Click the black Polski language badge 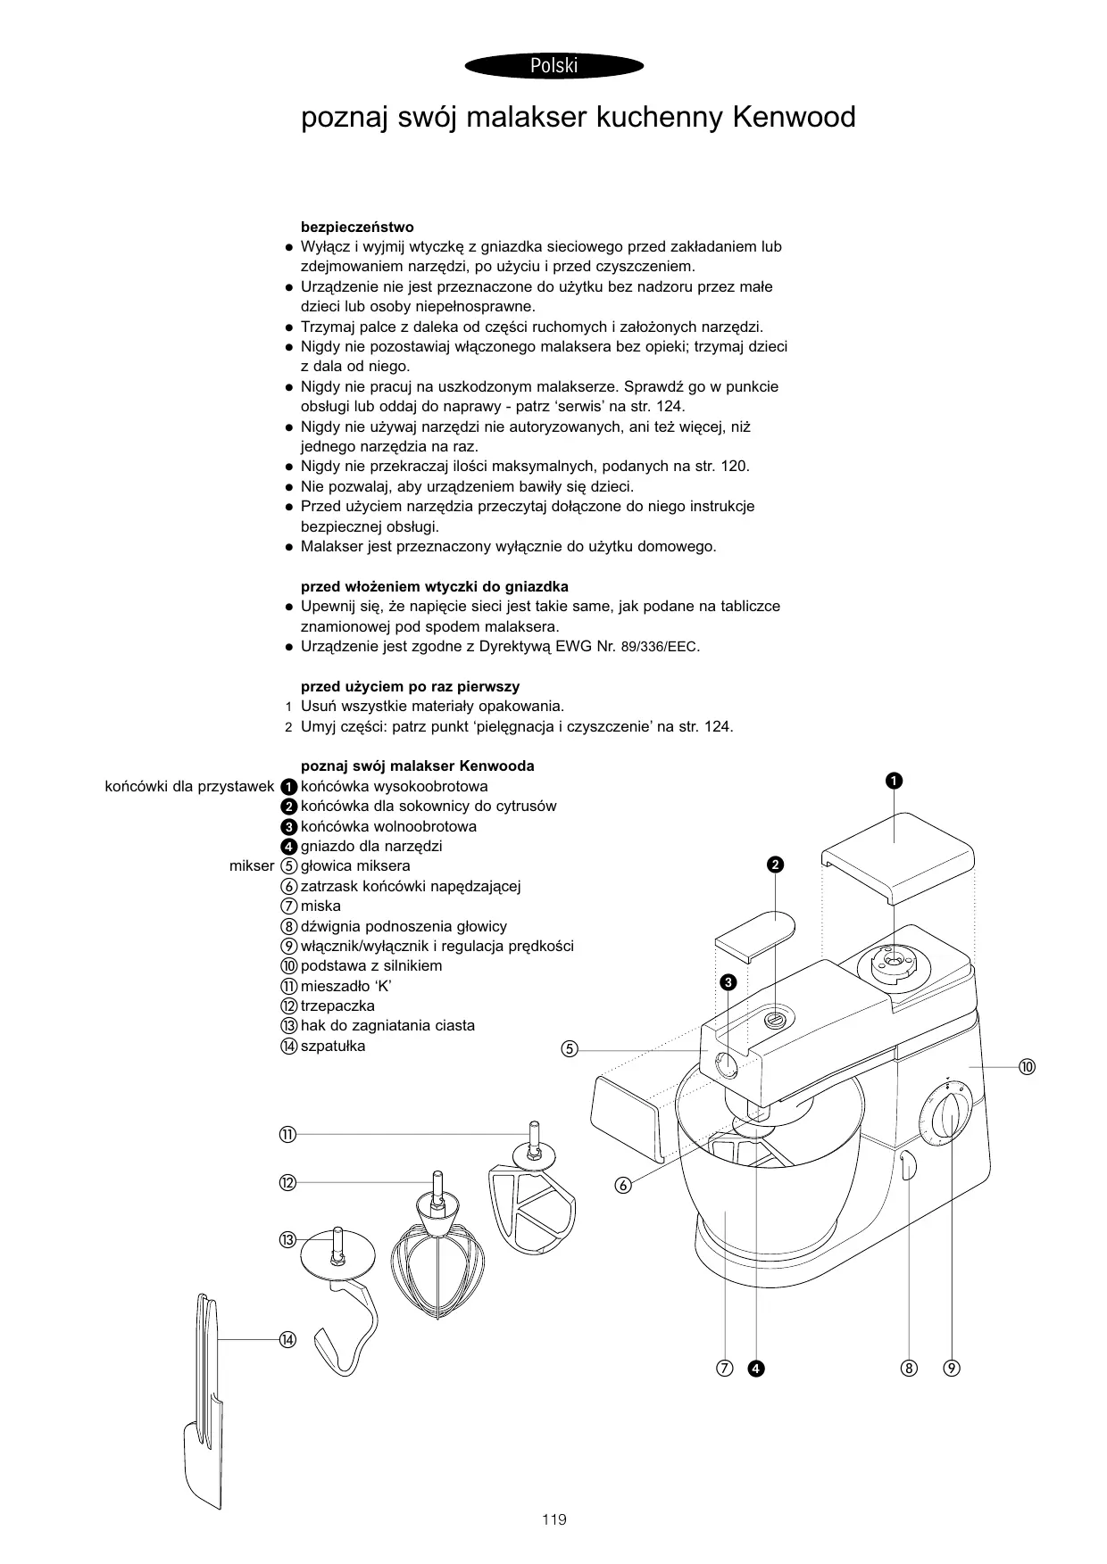point(553,65)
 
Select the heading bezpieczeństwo point(357,227)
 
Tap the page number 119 point(553,1519)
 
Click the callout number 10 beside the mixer point(1027,1067)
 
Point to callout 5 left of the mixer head point(570,1049)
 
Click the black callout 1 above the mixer point(894,782)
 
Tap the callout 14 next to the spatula point(287,1339)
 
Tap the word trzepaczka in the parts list point(337,1005)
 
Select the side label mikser point(252,865)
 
